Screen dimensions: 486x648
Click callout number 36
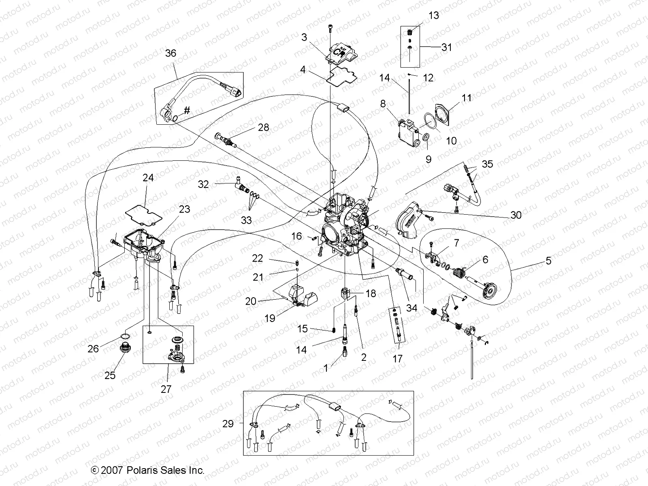click(171, 53)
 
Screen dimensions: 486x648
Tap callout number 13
click(433, 15)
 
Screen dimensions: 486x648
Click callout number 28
click(263, 128)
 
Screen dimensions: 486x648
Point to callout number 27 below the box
click(166, 389)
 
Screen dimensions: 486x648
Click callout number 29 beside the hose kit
click(228, 424)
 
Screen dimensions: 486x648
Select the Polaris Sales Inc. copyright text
click(148, 470)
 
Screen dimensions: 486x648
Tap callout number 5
click(548, 260)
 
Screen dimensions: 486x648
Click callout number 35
click(487, 164)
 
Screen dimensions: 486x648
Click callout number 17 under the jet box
click(398, 358)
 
